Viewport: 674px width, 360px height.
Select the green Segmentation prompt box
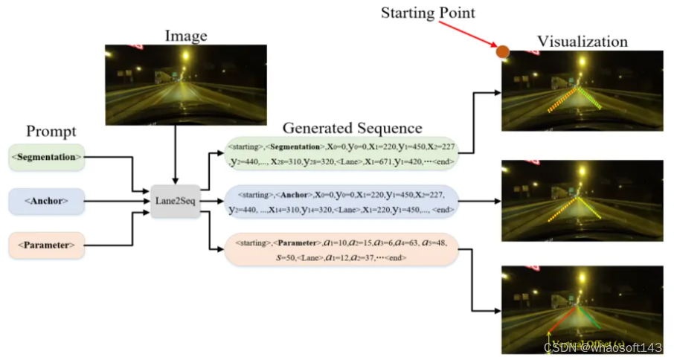coord(47,157)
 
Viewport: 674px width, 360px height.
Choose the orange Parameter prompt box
coord(47,245)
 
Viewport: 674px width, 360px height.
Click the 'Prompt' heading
coord(51,132)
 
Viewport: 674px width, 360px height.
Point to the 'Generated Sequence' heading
coord(352,127)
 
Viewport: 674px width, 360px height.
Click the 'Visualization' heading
coord(582,41)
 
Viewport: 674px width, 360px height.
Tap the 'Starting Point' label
coord(428,13)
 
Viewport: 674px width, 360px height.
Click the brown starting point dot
coord(503,51)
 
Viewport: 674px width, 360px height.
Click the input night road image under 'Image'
coord(185,83)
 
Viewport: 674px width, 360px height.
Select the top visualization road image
coord(582,91)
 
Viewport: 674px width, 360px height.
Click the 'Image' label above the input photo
coord(186,35)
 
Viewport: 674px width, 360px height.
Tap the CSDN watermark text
coord(603,347)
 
